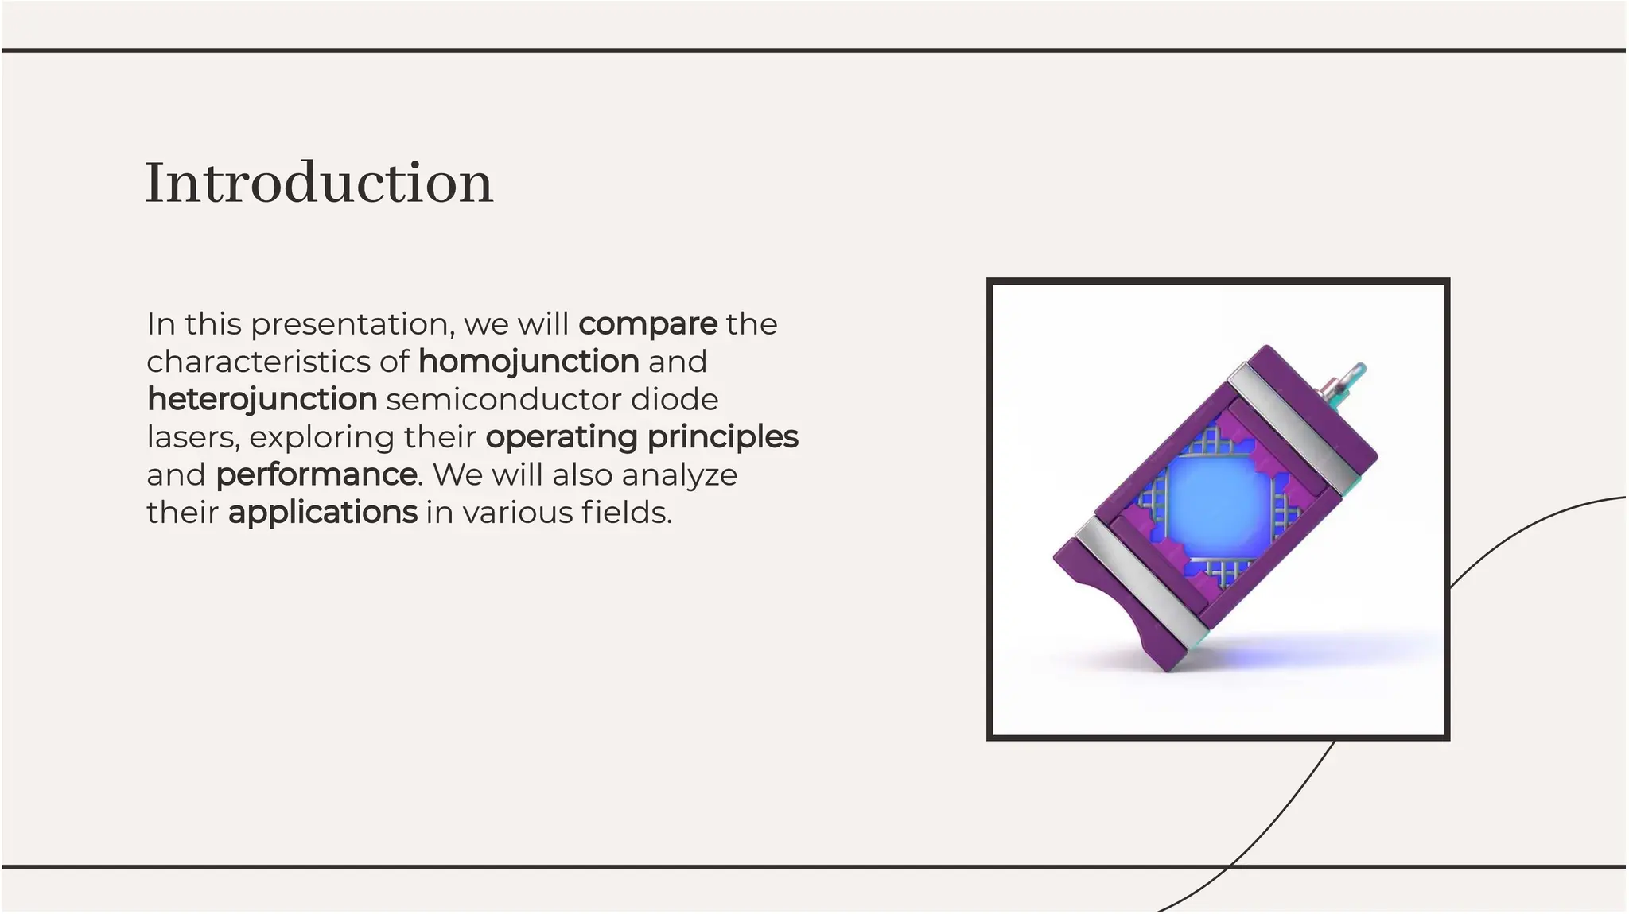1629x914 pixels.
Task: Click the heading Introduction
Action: (x=319, y=183)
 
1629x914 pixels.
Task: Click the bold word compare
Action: (x=647, y=324)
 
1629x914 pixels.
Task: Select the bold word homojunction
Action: (x=528, y=362)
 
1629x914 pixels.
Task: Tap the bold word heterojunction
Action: (x=262, y=399)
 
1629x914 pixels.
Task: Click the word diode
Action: (x=674, y=399)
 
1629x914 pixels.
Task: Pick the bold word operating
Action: (x=562, y=437)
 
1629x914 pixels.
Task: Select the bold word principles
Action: (x=722, y=437)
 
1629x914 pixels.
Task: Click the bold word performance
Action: (x=316, y=474)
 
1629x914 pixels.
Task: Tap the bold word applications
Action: (x=322, y=513)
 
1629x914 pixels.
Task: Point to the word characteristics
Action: (x=259, y=362)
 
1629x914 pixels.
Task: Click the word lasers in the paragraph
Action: (x=192, y=437)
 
